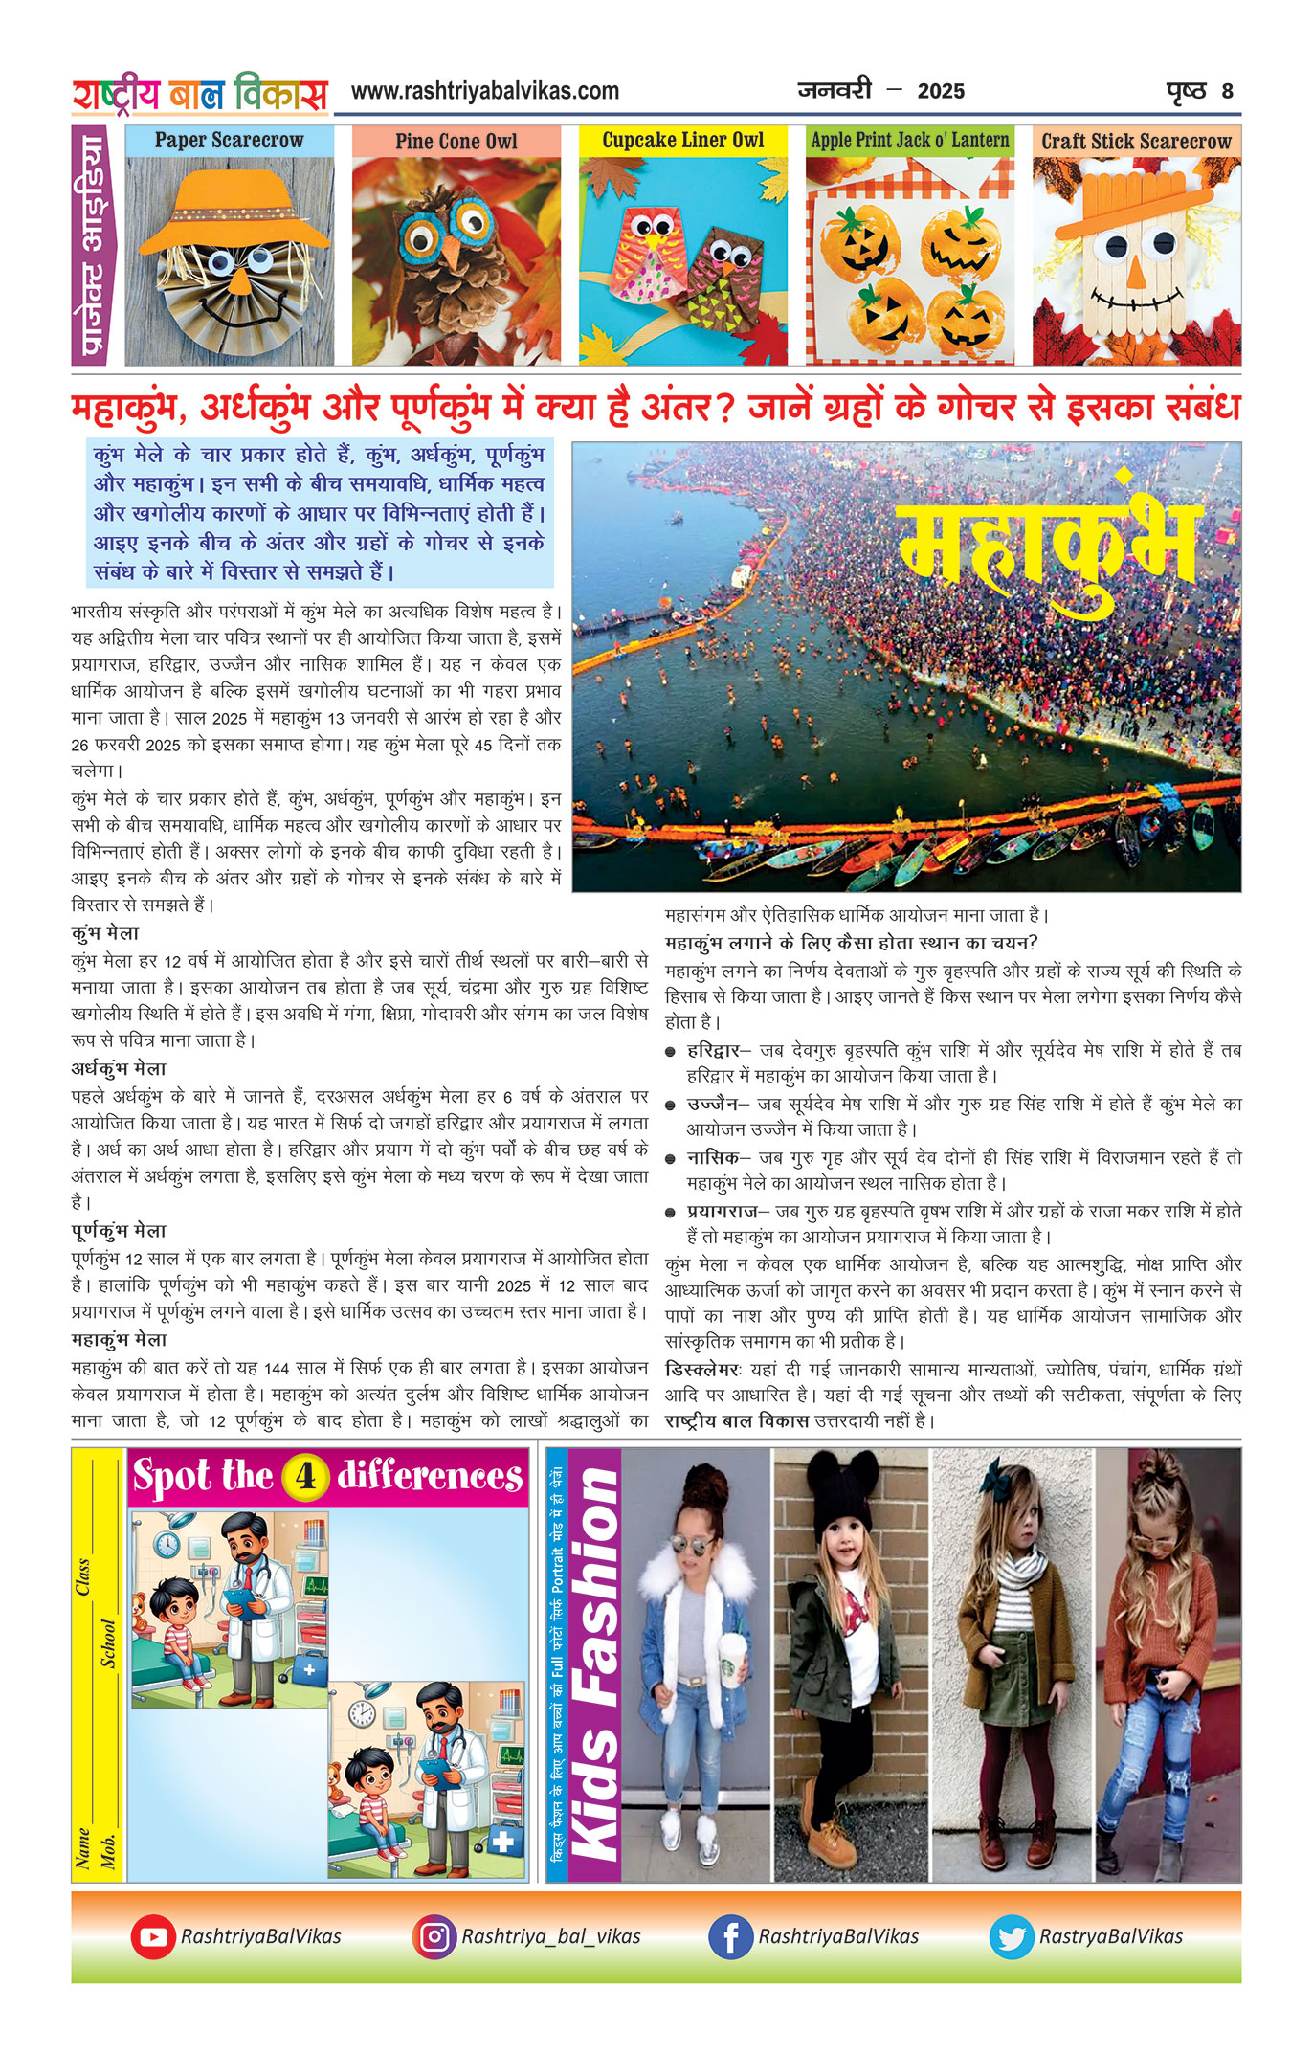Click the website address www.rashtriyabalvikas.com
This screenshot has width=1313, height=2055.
point(484,91)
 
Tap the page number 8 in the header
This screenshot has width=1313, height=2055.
point(1227,92)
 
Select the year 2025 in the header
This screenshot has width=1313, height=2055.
point(941,92)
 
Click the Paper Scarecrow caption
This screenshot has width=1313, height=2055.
point(229,141)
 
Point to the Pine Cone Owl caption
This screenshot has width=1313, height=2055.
point(456,142)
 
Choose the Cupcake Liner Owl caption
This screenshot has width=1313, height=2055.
point(683,141)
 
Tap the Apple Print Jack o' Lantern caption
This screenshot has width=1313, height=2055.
point(909,141)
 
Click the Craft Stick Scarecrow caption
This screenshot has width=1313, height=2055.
point(1136,142)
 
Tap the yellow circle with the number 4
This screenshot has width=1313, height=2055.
point(305,1476)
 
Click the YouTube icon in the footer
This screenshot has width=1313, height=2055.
point(152,1936)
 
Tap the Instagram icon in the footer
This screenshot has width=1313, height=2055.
point(434,1936)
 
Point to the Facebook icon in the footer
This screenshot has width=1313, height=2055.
point(730,1936)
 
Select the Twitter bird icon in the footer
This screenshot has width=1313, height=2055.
point(1012,1936)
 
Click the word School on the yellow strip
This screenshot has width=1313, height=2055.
point(109,1643)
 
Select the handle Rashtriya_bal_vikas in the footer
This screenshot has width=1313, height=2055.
point(551,1936)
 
